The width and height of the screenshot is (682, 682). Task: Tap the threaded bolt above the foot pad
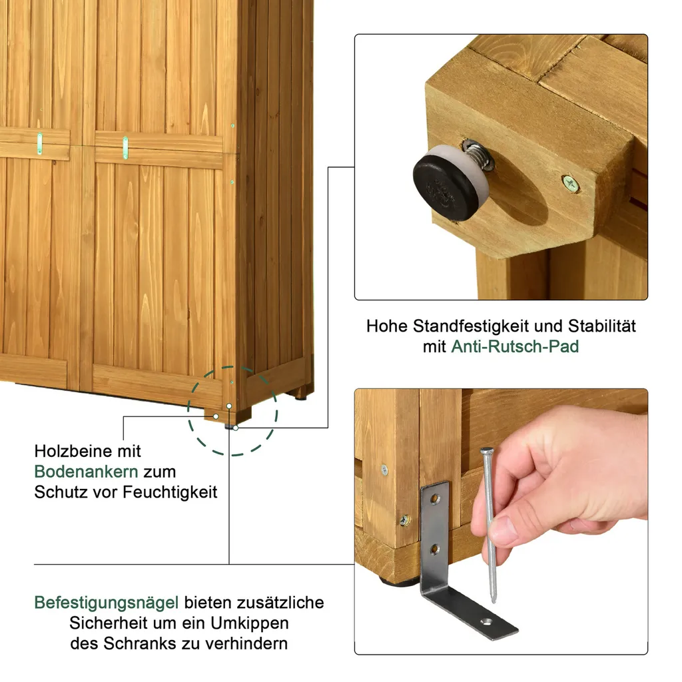(478, 156)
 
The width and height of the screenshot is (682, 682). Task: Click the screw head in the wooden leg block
(570, 184)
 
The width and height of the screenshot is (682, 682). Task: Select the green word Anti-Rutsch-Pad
(515, 346)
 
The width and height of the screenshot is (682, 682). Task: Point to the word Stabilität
(602, 326)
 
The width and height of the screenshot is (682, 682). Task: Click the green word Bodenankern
(86, 472)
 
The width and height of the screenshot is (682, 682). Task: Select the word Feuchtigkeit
(170, 492)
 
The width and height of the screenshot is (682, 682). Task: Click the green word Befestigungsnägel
(106, 603)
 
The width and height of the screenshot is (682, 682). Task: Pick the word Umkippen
(250, 623)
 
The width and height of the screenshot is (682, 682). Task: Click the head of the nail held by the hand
(486, 451)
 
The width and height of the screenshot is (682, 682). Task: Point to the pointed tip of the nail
(494, 601)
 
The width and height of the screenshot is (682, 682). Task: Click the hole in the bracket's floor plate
(486, 622)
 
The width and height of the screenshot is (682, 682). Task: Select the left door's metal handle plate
(39, 144)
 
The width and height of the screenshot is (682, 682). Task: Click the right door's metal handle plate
(125, 147)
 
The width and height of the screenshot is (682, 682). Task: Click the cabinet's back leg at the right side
(301, 394)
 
